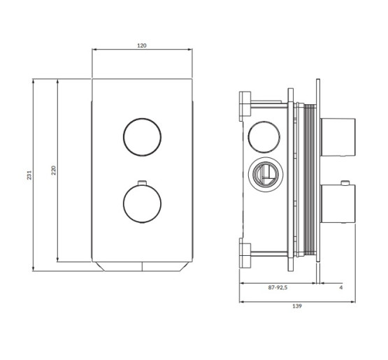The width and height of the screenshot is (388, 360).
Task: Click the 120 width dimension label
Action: pos(142,45)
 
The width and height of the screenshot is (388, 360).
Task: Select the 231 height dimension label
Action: pos(29,175)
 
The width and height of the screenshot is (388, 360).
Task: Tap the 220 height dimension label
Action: pos(54,171)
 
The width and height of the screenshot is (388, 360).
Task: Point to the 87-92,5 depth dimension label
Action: pos(278,287)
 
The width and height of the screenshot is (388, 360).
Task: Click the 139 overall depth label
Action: pos(297,306)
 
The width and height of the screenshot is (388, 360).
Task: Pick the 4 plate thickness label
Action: pos(341,287)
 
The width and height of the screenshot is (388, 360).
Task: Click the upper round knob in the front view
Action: pos(143,137)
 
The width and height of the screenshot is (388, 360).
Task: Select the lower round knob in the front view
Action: pos(143,204)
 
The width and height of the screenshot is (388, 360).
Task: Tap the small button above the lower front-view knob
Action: pos(142,183)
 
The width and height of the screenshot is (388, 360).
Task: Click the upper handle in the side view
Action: pos(338,137)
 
